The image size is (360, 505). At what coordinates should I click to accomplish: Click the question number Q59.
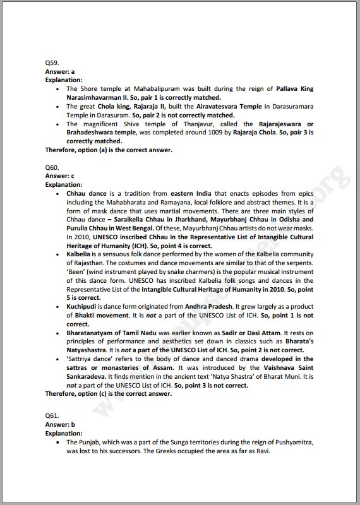(x=52, y=64)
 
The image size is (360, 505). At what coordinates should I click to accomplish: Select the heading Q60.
(x=52, y=168)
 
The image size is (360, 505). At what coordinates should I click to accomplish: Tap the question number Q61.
(x=52, y=417)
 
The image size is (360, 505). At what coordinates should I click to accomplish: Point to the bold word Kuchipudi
(x=83, y=306)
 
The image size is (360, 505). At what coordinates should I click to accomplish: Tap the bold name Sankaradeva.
(x=88, y=376)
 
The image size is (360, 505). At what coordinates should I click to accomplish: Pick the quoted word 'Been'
(x=76, y=271)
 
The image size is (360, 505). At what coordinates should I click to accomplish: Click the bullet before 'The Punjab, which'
(x=57, y=443)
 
